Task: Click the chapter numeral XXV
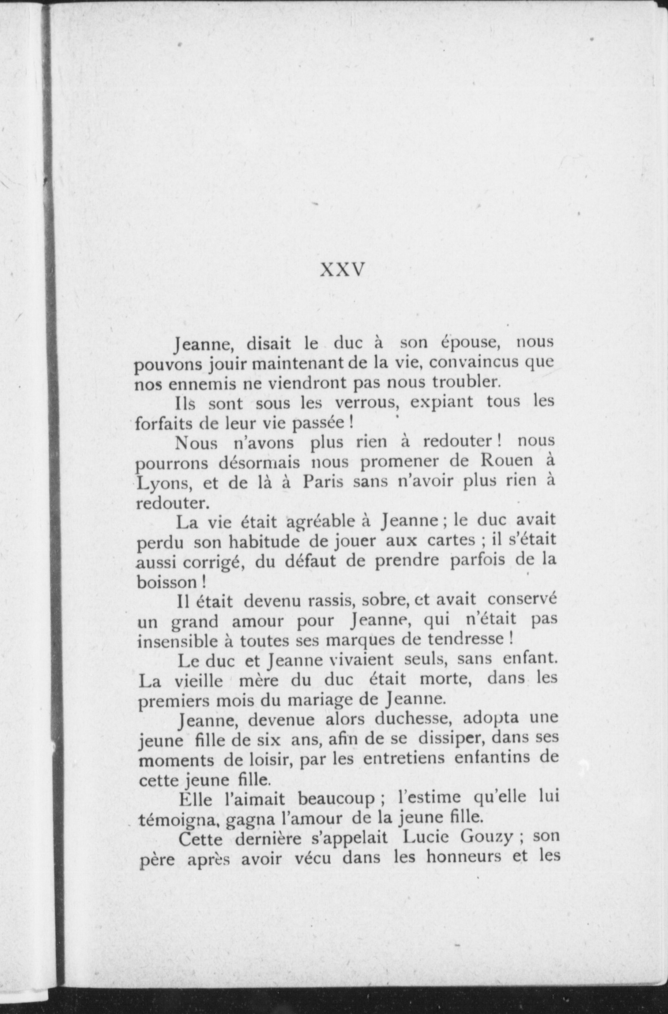point(342,270)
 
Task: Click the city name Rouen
point(506,461)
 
